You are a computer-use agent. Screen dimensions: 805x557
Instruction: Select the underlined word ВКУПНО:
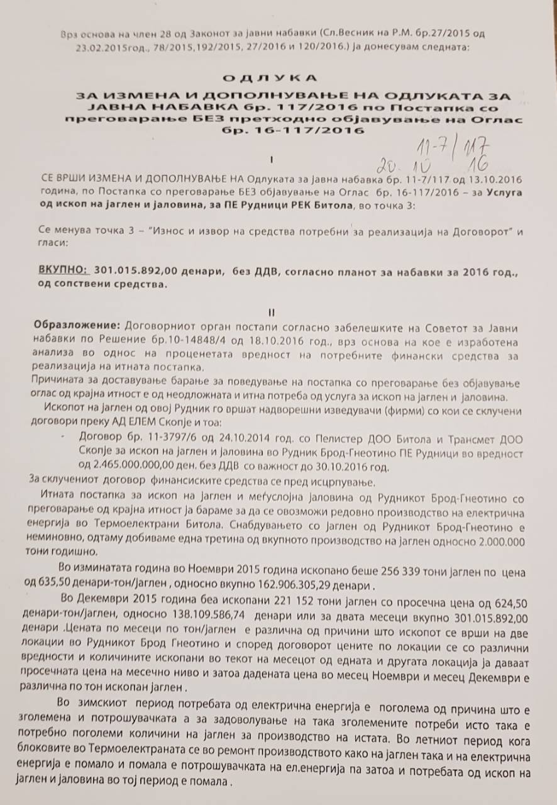point(62,269)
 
